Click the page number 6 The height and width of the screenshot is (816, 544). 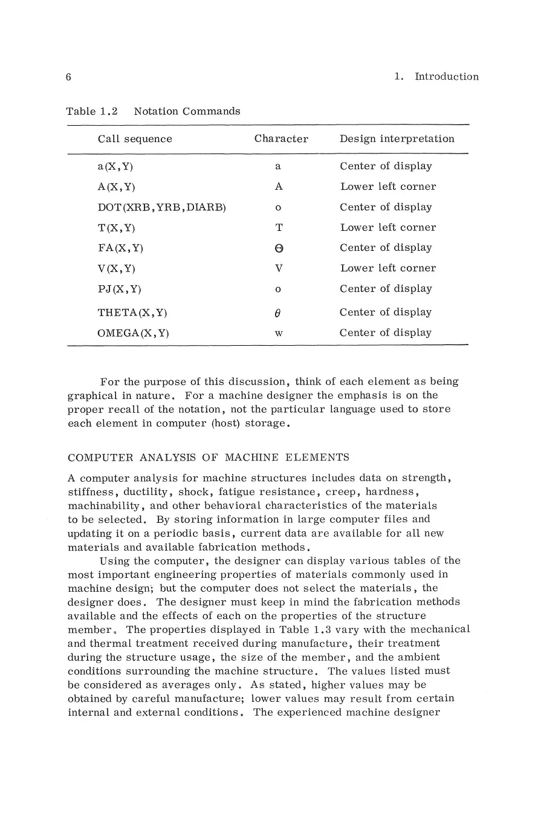click(x=69, y=77)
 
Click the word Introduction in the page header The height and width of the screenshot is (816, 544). click(x=446, y=77)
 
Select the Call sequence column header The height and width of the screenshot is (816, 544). click(x=135, y=139)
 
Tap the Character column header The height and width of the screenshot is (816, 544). click(x=281, y=139)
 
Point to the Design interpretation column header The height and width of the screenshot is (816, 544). click(x=397, y=139)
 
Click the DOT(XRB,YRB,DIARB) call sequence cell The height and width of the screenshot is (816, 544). click(x=161, y=207)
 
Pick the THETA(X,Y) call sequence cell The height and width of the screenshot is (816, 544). click(x=132, y=312)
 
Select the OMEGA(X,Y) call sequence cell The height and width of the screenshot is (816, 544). click(x=133, y=333)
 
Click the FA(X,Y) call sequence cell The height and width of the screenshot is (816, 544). click(x=120, y=248)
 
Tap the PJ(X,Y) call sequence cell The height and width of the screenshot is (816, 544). click(x=119, y=289)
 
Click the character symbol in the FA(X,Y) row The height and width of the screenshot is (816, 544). click(x=279, y=248)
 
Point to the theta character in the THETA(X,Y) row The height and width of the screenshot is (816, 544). click(x=278, y=312)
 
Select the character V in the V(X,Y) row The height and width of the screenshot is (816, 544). click(x=279, y=268)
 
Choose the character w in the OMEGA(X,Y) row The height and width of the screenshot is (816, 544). click(x=279, y=334)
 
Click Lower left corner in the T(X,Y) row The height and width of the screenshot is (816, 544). click(x=387, y=228)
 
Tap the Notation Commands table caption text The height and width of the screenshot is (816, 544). click(x=187, y=111)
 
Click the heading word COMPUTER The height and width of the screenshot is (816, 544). click(x=96, y=457)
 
